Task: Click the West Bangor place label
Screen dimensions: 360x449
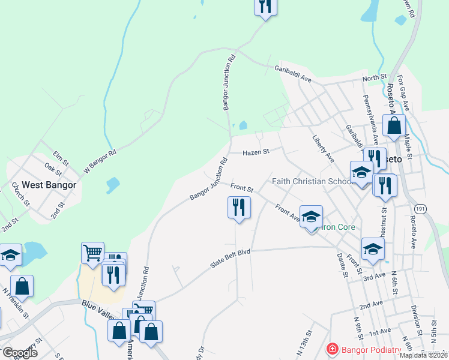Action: (x=49, y=185)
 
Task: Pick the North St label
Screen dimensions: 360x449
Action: (x=374, y=78)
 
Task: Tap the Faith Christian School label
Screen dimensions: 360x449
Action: (x=312, y=181)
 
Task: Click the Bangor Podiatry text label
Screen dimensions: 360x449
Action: (x=370, y=349)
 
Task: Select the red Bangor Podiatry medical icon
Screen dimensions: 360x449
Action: (x=331, y=349)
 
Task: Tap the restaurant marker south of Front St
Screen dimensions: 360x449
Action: (x=239, y=207)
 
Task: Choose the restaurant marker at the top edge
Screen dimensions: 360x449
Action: (x=264, y=6)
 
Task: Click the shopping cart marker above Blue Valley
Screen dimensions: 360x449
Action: (x=93, y=253)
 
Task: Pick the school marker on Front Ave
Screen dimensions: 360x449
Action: (x=311, y=217)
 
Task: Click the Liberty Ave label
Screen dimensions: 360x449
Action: (x=322, y=148)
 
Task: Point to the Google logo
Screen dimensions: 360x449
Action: (x=20, y=353)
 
